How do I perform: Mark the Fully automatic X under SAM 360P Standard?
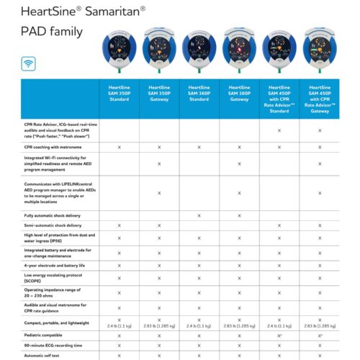(199, 215)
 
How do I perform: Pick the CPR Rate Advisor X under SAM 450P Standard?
(279, 130)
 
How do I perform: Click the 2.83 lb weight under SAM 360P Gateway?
(239, 325)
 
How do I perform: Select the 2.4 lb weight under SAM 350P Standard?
(119, 325)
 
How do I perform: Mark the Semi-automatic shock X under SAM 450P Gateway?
(319, 226)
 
